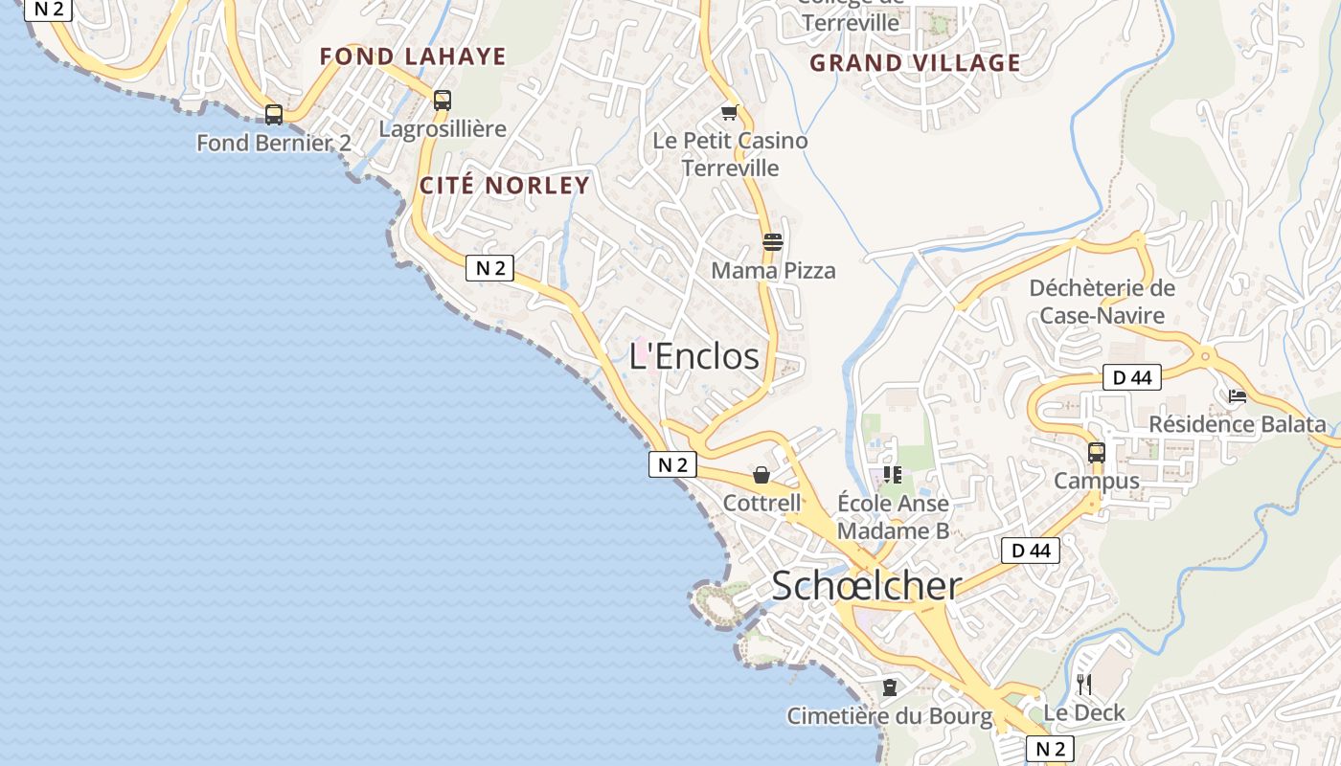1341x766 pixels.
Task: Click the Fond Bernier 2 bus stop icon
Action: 274,115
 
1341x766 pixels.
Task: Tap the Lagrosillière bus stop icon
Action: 442,100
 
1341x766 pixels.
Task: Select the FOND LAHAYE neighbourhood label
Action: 412,56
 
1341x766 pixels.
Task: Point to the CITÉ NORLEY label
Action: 504,185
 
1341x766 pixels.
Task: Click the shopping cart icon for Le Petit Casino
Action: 730,113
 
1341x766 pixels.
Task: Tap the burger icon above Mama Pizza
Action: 773,241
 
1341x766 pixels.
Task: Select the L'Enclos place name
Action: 693,356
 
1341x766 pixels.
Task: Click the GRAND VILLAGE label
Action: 915,63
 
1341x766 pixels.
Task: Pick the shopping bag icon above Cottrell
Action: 761,475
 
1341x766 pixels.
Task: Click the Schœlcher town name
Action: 866,585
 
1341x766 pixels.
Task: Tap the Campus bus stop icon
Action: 1097,452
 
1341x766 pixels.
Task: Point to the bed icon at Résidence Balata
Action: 1237,396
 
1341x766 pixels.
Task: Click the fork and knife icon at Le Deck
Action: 1084,684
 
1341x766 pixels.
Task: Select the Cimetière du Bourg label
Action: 889,715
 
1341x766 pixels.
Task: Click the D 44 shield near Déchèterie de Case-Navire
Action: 1131,377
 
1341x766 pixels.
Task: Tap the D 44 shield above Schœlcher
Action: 1031,551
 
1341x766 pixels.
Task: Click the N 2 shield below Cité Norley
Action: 489,268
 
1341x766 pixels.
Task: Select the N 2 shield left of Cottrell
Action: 671,465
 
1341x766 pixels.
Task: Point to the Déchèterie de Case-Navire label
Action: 1102,302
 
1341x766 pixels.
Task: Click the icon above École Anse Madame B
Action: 893,474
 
